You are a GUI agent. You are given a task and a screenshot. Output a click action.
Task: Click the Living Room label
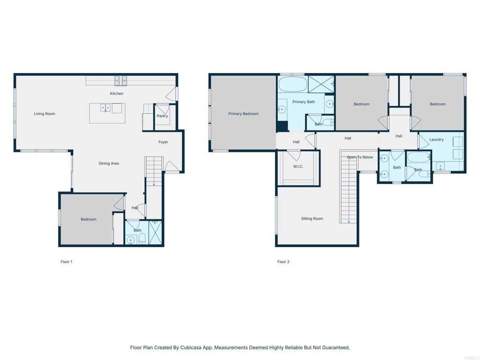45,114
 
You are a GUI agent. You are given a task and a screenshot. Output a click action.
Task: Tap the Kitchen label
117,93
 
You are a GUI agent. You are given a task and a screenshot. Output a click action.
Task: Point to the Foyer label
163,142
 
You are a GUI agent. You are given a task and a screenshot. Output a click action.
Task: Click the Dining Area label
109,164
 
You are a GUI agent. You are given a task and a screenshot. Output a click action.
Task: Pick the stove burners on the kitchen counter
120,81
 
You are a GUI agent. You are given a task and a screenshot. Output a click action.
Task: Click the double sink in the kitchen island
105,108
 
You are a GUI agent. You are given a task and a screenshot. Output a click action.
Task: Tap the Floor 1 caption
67,262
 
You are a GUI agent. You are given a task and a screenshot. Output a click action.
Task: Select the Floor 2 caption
283,262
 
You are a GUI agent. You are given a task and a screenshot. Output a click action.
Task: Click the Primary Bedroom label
243,114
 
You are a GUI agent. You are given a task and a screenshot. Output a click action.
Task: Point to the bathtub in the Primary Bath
293,84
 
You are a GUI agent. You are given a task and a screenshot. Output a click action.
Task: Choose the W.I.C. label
298,166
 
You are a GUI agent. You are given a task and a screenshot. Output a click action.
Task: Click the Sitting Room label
312,218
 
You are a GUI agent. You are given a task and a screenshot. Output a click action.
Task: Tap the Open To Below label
360,157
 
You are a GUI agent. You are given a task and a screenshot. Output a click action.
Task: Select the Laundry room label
436,140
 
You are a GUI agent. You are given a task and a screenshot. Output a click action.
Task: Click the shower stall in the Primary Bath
321,84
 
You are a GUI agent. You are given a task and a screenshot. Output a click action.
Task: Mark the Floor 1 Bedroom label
89,219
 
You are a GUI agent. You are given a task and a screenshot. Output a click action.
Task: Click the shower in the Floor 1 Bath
155,232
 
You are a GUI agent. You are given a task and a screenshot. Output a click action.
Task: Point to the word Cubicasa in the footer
190,348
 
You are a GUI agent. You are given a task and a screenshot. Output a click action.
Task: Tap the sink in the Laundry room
441,166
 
